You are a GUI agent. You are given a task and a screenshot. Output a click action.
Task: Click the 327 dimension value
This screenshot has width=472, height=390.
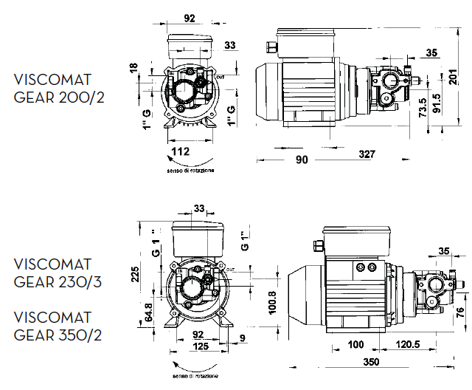(x=367, y=154)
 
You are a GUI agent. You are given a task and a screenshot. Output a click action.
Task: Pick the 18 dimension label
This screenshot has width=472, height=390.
(x=133, y=69)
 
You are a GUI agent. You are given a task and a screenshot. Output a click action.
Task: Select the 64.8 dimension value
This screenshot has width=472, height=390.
(x=149, y=312)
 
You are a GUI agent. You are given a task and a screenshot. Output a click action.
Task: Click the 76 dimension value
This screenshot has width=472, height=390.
(x=460, y=311)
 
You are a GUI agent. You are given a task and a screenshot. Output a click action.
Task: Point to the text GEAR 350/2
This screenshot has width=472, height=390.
(x=59, y=335)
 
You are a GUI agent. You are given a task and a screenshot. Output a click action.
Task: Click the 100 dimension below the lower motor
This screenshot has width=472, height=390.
(x=336, y=346)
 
